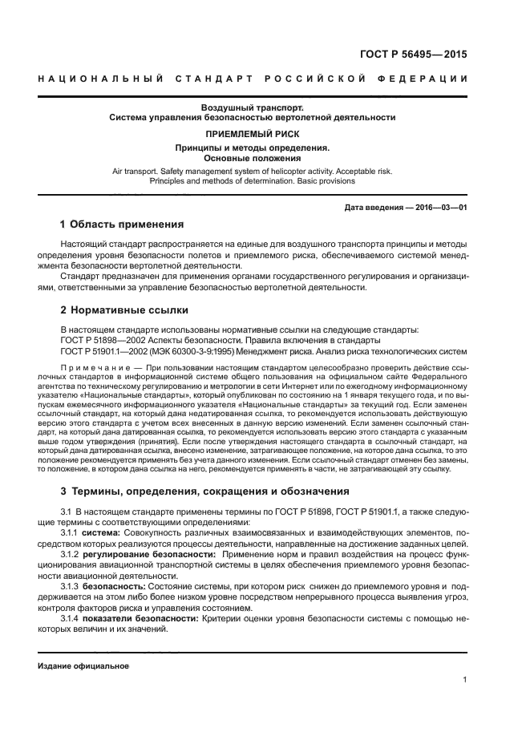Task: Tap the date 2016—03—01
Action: (438, 208)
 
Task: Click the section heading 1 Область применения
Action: (123, 224)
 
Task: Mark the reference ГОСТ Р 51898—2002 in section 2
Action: (102, 340)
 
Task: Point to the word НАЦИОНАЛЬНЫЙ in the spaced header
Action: (102, 79)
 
